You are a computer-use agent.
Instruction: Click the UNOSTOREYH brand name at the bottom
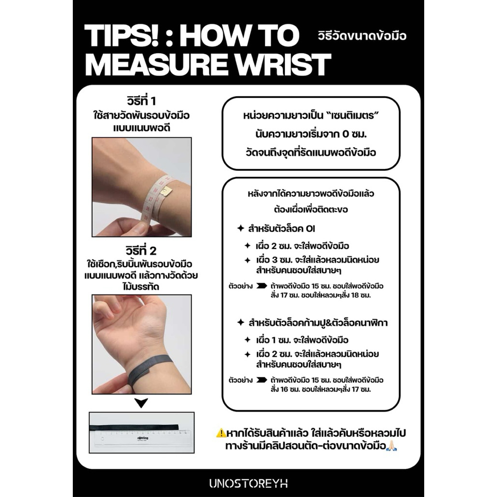pyautogui.click(x=248, y=483)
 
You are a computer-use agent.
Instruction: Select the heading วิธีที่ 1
pyautogui.click(x=141, y=101)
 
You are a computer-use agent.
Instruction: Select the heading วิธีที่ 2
pyautogui.click(x=141, y=251)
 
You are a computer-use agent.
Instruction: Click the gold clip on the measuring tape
pyautogui.click(x=166, y=191)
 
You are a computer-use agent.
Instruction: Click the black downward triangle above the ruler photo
pyautogui.click(x=141, y=403)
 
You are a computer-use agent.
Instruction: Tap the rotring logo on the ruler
pyautogui.click(x=142, y=438)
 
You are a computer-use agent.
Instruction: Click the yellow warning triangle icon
pyautogui.click(x=221, y=433)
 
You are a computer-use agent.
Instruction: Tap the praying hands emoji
pyautogui.click(x=392, y=446)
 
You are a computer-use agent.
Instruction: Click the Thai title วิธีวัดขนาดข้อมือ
pyautogui.click(x=362, y=35)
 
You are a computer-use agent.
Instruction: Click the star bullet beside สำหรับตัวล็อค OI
pyautogui.click(x=241, y=228)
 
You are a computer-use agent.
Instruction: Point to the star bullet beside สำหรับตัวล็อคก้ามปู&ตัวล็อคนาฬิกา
pyautogui.click(x=241, y=322)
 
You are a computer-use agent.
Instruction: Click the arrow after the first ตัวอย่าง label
pyautogui.click(x=262, y=286)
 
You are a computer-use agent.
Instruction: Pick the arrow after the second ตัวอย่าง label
pyautogui.click(x=262, y=380)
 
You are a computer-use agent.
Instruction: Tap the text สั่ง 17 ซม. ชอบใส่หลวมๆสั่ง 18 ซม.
pyautogui.click(x=320, y=296)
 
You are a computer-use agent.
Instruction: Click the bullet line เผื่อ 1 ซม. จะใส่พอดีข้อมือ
pyautogui.click(x=302, y=340)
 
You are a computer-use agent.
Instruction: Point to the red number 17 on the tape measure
pyautogui.click(x=151, y=199)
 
